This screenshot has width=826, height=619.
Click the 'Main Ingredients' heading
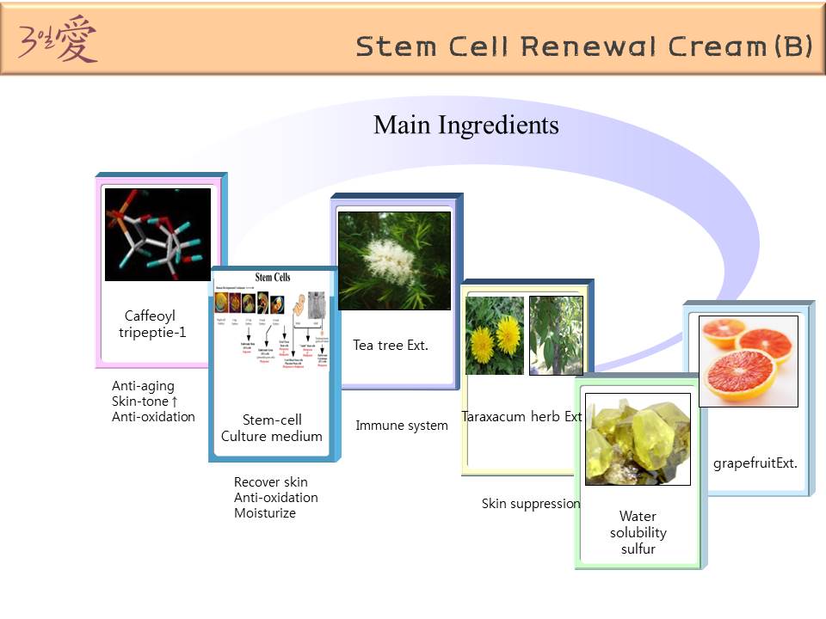pos(465,126)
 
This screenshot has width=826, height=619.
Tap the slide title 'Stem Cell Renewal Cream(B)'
pos(583,46)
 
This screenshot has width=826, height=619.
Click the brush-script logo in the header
pos(59,40)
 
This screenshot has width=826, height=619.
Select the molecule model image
pos(157,234)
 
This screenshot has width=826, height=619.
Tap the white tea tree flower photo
pos(394,260)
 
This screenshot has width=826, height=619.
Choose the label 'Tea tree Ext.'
pos(391,346)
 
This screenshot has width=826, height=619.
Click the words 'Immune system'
pos(402,426)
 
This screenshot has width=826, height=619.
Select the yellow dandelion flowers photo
pos(495,335)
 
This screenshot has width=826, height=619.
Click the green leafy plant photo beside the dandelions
pos(556,334)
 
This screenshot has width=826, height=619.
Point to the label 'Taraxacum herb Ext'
pos(522,417)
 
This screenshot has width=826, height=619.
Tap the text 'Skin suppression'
pos(531,504)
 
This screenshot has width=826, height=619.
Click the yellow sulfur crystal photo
pos(638,439)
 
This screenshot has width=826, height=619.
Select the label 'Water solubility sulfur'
pos(638,532)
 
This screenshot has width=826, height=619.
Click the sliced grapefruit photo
pos(748,361)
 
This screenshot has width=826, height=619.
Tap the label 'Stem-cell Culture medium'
pos(272,428)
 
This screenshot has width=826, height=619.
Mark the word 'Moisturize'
pos(265,513)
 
